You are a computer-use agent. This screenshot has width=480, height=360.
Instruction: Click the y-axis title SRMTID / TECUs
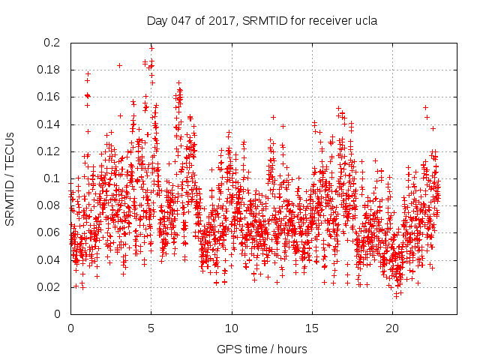pyautogui.click(x=11, y=178)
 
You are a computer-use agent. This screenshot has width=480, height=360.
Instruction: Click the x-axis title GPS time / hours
pyautogui.click(x=262, y=349)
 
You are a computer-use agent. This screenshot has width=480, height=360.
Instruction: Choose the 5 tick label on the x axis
pyautogui.click(x=151, y=328)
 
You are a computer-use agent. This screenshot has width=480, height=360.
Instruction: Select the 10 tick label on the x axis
pyautogui.click(x=232, y=328)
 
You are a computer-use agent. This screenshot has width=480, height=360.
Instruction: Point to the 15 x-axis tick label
pyautogui.click(x=312, y=328)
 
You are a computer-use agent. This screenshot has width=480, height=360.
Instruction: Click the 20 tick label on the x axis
pyautogui.click(x=392, y=328)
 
